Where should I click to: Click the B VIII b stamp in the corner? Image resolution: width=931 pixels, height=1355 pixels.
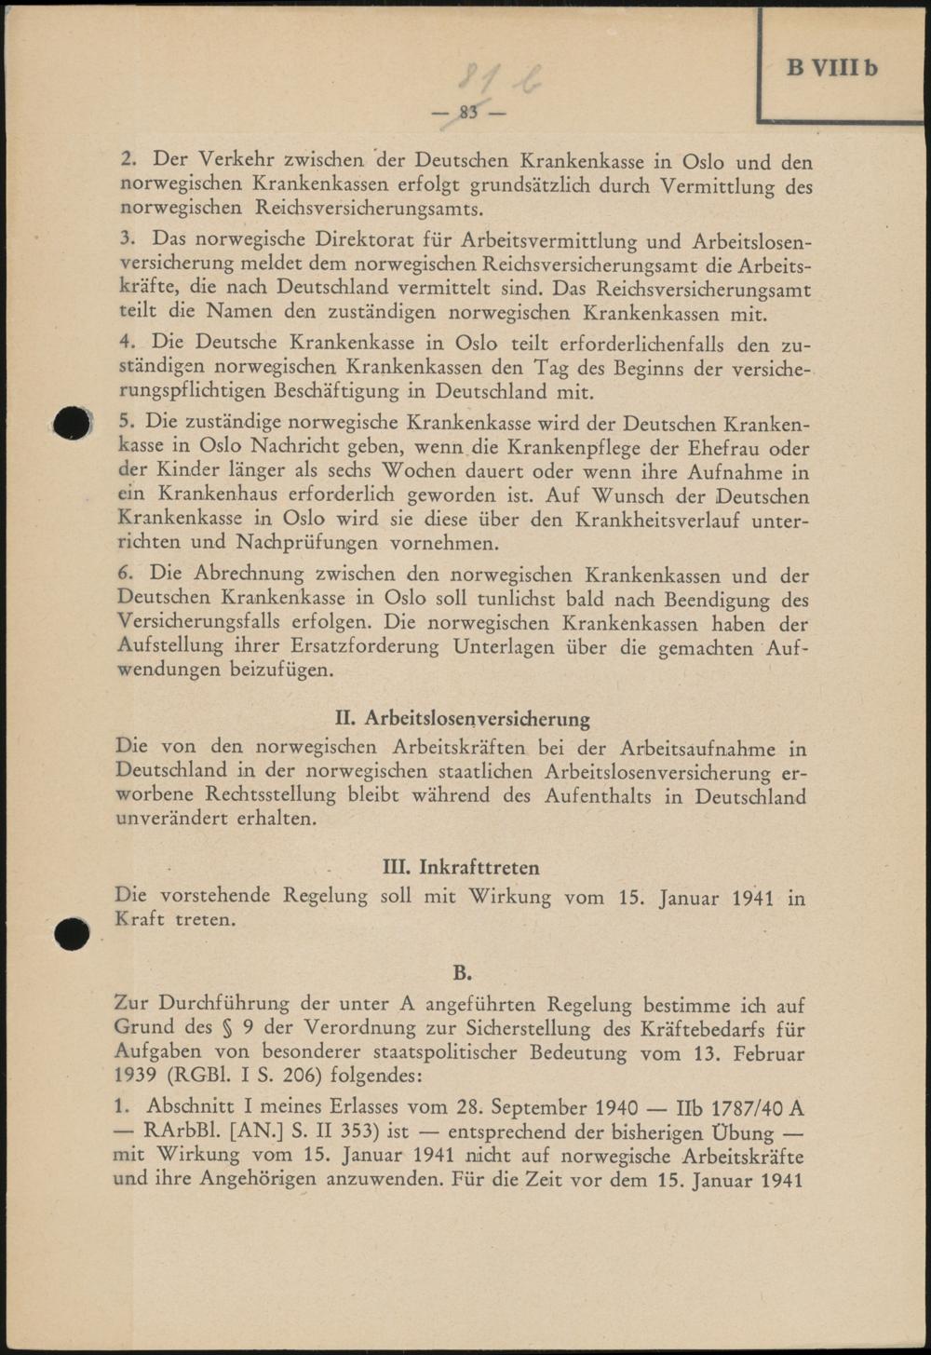(831, 67)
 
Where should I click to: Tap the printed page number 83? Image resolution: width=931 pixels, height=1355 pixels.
(468, 113)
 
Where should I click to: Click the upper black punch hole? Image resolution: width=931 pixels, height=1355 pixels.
(72, 424)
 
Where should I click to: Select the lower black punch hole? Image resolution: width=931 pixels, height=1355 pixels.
(72, 933)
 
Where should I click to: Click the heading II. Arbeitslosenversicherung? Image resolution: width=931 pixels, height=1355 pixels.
(462, 718)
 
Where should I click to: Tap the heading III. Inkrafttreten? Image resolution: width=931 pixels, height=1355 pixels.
(462, 867)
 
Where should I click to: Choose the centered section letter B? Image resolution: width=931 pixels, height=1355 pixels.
(463, 973)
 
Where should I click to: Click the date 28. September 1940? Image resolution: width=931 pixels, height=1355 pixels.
(546, 1108)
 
